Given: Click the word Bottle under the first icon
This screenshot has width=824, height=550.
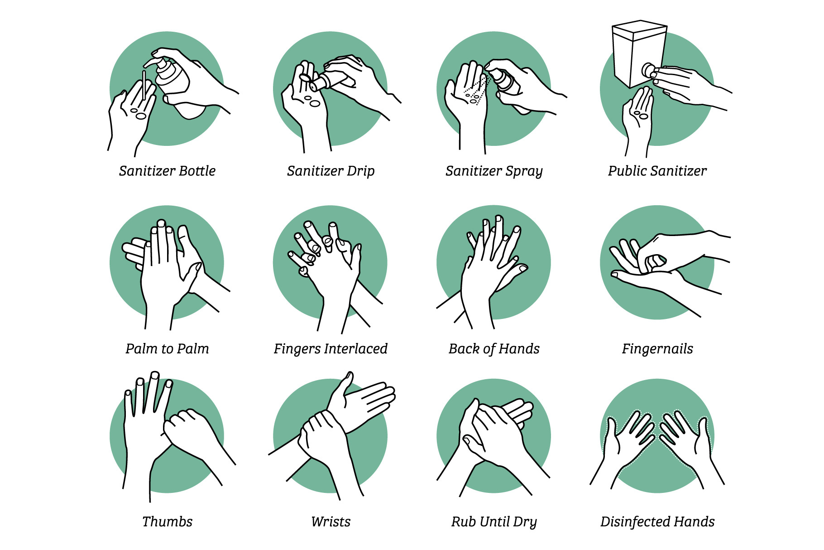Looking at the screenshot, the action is pyautogui.click(x=197, y=171).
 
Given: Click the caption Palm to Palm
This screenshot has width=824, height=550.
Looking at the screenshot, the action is pyautogui.click(x=168, y=349).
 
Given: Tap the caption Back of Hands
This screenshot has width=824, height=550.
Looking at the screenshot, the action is pyautogui.click(x=494, y=349).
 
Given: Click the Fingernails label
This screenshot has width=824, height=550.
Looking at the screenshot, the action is pyautogui.click(x=657, y=349).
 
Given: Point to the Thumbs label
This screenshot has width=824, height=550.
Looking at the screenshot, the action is pyautogui.click(x=168, y=522).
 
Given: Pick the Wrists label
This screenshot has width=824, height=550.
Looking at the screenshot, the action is pyautogui.click(x=331, y=522).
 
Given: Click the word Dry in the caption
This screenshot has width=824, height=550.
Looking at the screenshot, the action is pyautogui.click(x=525, y=522).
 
